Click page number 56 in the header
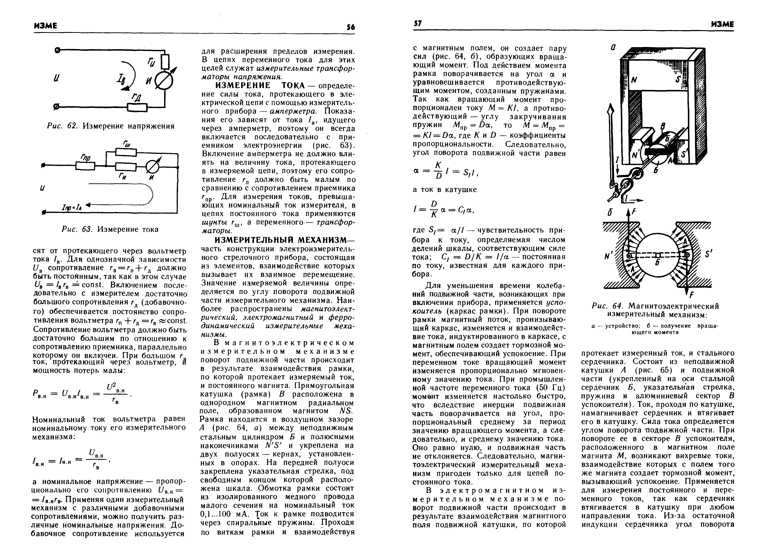[351, 27]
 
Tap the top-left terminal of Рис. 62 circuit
[57, 51]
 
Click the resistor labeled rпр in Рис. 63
[85, 166]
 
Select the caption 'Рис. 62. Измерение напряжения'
[110, 126]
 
